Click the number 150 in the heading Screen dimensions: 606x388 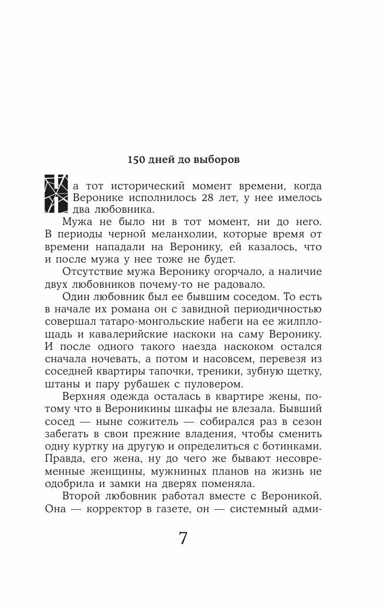pyautogui.click(x=137, y=159)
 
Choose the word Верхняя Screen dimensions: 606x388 pyautogui.click(x=86, y=399)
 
